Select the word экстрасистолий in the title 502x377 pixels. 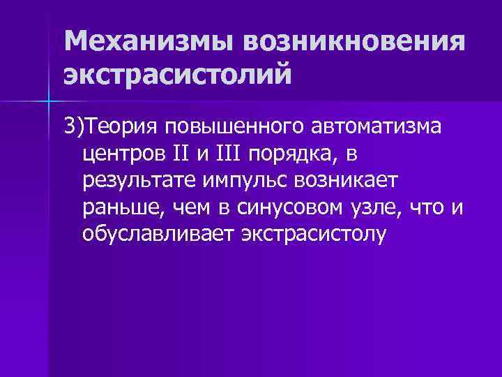pyautogui.click(x=175, y=75)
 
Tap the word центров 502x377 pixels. pyautogui.click(x=124, y=154)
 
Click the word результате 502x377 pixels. pyautogui.click(x=139, y=182)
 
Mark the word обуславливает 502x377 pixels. pyautogui.click(x=158, y=234)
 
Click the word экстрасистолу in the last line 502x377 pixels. pyautogui.click(x=313, y=234)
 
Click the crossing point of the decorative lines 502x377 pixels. pyautogui.click(x=50, y=102)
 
